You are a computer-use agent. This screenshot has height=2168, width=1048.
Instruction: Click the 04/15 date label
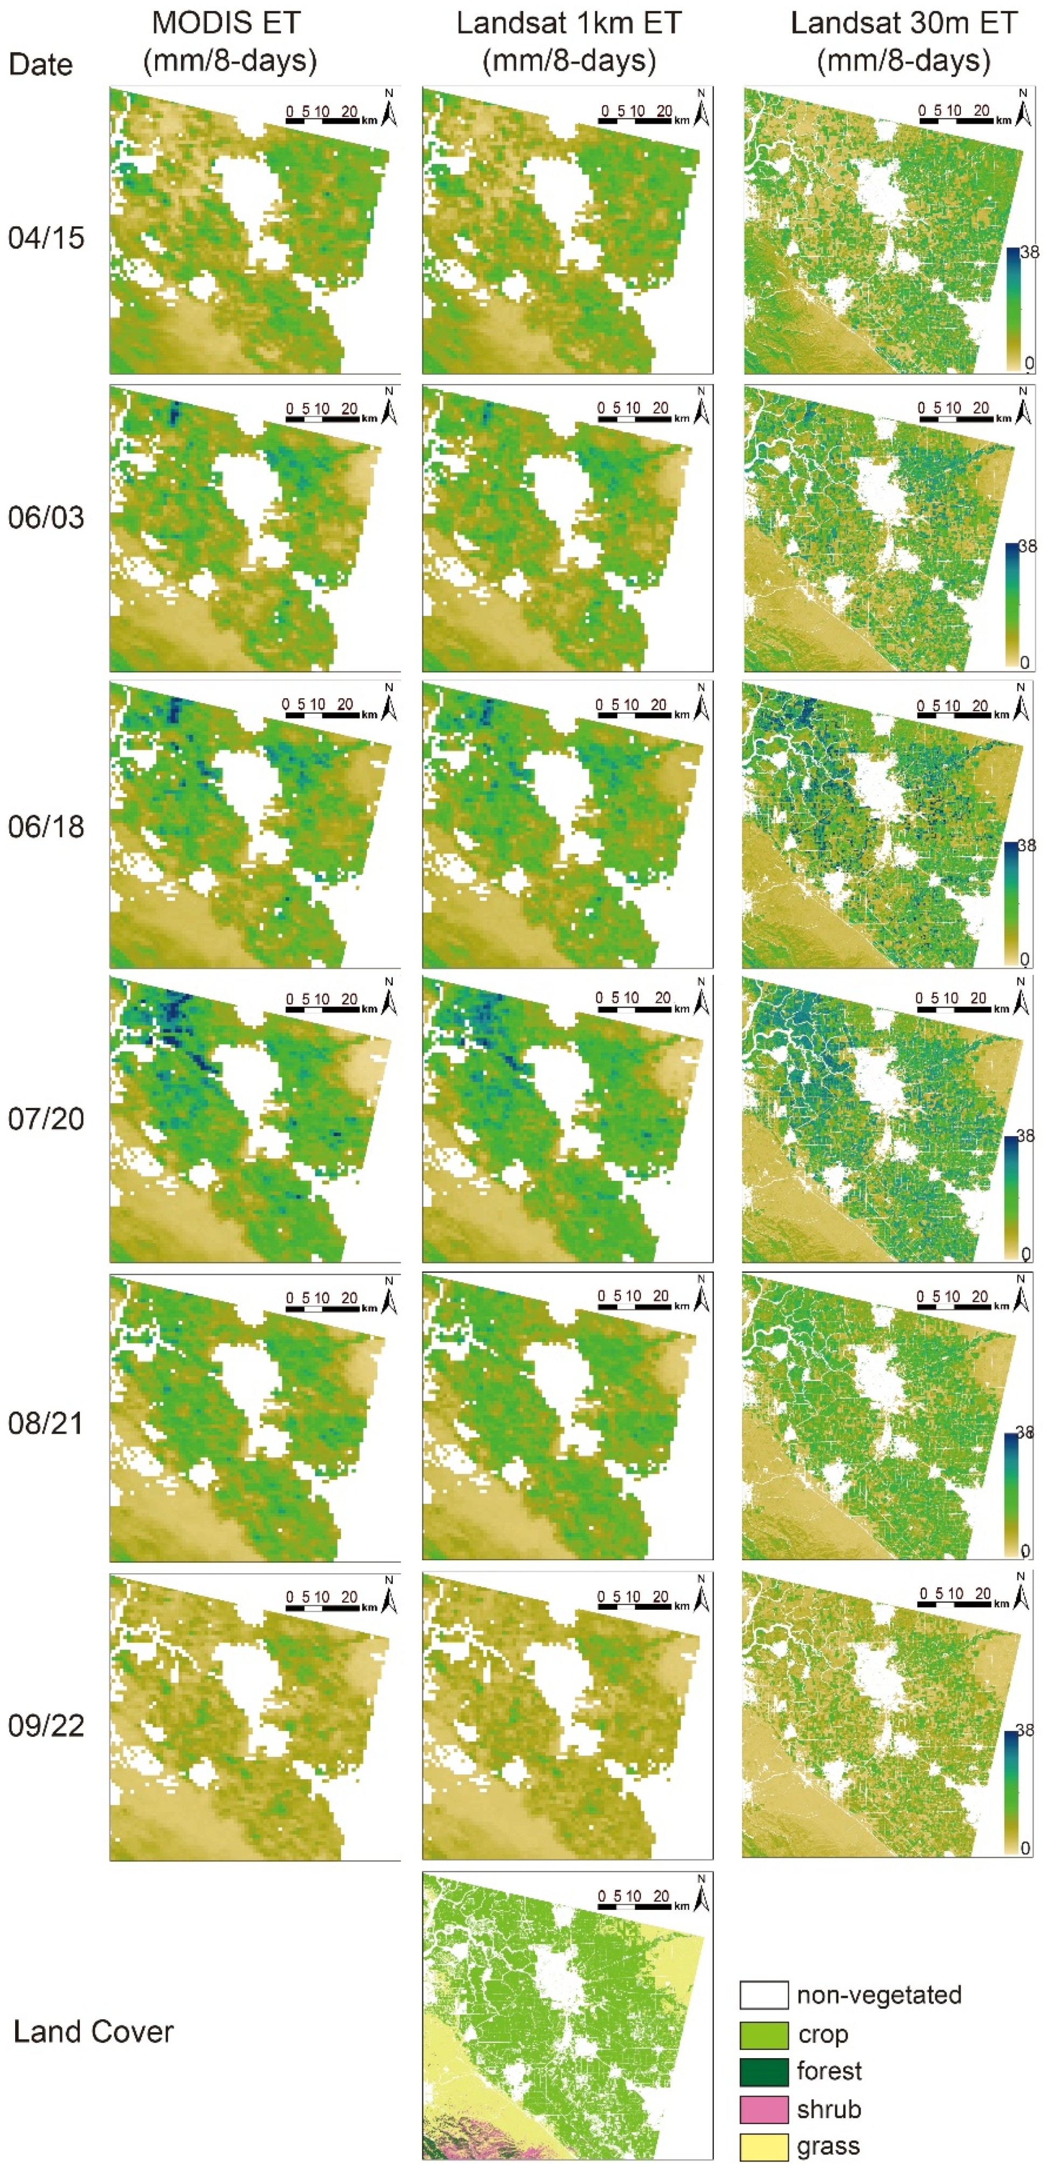tap(46, 238)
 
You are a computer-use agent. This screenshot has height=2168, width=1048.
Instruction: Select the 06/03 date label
tap(46, 518)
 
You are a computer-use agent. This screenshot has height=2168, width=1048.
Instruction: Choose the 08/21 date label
tap(46, 1423)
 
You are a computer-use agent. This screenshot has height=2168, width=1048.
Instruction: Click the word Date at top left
tap(40, 64)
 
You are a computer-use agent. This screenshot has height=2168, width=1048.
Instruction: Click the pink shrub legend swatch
tap(764, 2109)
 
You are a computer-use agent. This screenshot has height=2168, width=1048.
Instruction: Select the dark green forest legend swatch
tap(764, 2071)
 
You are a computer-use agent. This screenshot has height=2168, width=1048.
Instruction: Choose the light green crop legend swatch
tap(764, 2034)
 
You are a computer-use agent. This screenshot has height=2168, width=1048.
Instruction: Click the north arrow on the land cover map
tap(701, 1894)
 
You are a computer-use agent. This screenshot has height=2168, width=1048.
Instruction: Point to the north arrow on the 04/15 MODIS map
tap(389, 109)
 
